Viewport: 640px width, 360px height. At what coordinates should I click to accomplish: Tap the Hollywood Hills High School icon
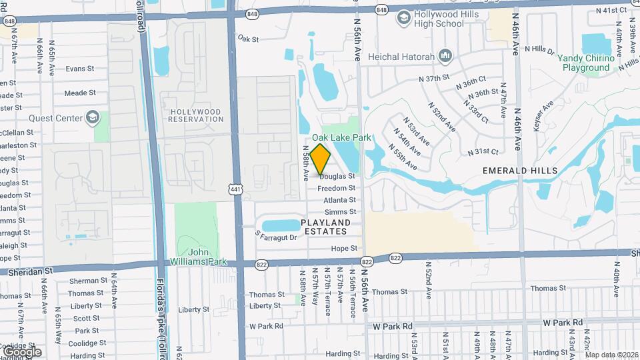[x=403, y=18]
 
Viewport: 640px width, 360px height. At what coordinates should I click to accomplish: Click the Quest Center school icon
[x=93, y=119]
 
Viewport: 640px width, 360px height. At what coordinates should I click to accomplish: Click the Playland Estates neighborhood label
[x=325, y=227]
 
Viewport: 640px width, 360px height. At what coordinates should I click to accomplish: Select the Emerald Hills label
[x=521, y=171]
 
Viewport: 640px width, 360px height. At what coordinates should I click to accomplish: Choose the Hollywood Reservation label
[x=195, y=115]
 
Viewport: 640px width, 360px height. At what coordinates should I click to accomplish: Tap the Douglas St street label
[x=337, y=176]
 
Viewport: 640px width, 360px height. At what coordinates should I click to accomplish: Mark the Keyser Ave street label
[x=543, y=115]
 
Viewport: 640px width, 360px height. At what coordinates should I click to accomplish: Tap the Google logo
[x=22, y=352]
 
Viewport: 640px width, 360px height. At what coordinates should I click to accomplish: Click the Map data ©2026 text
[x=611, y=355]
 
